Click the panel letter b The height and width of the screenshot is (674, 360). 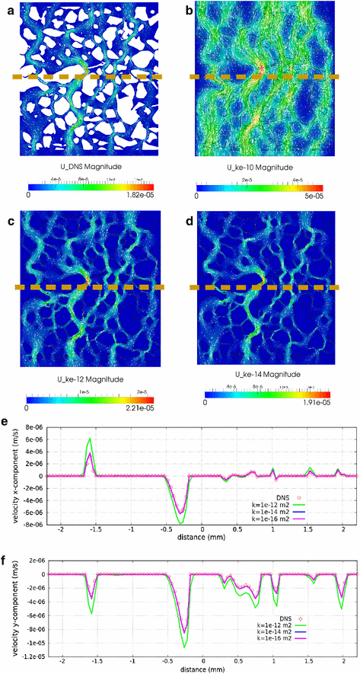pyautogui.click(x=187, y=9)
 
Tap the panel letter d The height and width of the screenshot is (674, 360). pyautogui.click(x=187, y=222)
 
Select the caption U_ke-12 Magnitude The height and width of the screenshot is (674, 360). pyautogui.click(x=89, y=379)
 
